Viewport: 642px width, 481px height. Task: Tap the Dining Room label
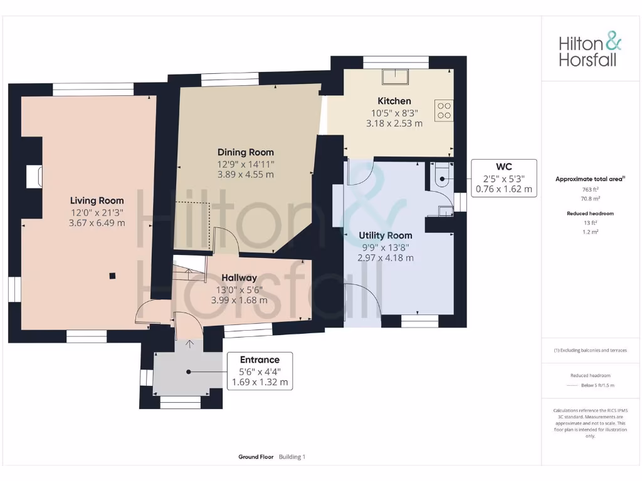(x=245, y=152)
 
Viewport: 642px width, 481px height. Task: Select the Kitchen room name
(x=394, y=101)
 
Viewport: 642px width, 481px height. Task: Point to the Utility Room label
(x=385, y=235)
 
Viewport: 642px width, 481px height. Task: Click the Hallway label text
(x=239, y=277)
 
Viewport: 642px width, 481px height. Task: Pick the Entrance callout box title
(x=260, y=359)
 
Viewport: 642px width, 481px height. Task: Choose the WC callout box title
(x=504, y=167)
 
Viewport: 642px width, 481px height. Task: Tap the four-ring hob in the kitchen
(x=444, y=110)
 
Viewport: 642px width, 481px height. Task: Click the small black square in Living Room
(x=112, y=275)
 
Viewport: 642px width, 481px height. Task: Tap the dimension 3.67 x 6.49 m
(x=97, y=223)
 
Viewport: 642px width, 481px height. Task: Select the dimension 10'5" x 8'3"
(x=394, y=113)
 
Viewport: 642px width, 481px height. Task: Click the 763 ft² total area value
(x=590, y=189)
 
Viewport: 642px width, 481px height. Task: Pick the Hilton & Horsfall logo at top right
(x=590, y=51)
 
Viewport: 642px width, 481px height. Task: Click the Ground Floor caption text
(x=256, y=457)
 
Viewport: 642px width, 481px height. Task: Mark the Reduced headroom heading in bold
(x=590, y=214)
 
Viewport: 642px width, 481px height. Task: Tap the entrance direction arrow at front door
(x=189, y=343)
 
